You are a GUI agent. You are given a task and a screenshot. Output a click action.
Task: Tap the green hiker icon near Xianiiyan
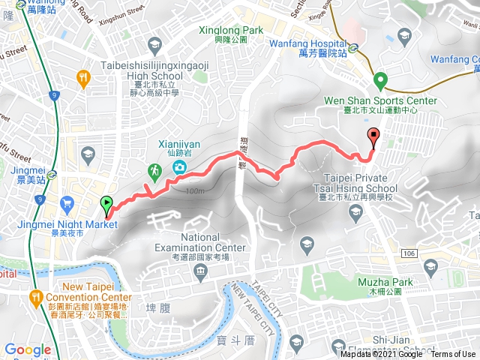(154, 172)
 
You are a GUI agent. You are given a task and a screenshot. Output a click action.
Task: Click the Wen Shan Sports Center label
(379, 98)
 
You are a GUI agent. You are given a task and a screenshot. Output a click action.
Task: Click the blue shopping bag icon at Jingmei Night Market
(67, 202)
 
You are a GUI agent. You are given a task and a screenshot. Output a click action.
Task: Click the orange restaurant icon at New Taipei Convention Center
(35, 298)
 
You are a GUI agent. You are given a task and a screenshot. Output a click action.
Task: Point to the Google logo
(28, 350)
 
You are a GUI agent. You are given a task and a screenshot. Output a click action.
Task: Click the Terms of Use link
(452, 354)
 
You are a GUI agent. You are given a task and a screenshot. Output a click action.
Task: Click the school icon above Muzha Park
(430, 266)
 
